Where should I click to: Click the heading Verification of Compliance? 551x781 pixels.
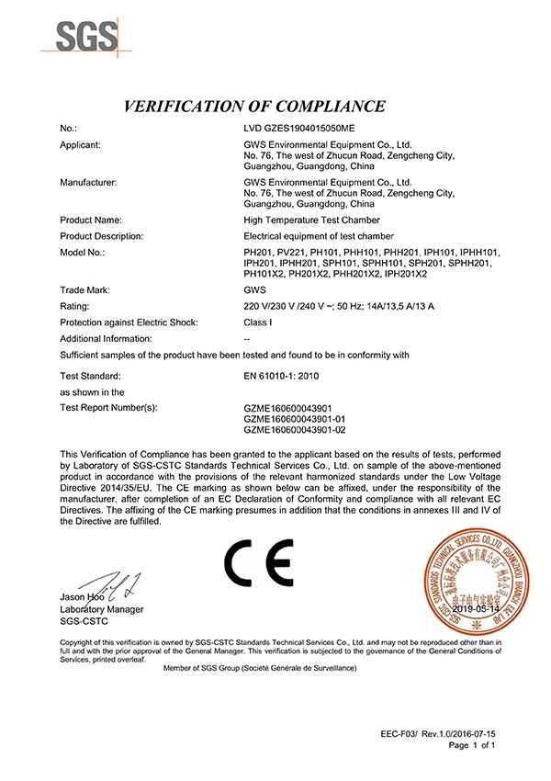(x=254, y=106)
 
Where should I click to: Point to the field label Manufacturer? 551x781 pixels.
(x=88, y=183)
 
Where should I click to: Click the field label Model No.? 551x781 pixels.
(x=83, y=252)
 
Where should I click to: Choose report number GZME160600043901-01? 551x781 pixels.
(x=294, y=418)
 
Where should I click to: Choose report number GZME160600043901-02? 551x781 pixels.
(x=294, y=429)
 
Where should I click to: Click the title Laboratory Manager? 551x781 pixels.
(x=101, y=609)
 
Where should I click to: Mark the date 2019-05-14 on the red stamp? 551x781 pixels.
(x=475, y=609)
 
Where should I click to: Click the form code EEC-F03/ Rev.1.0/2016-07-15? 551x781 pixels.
(x=438, y=736)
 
